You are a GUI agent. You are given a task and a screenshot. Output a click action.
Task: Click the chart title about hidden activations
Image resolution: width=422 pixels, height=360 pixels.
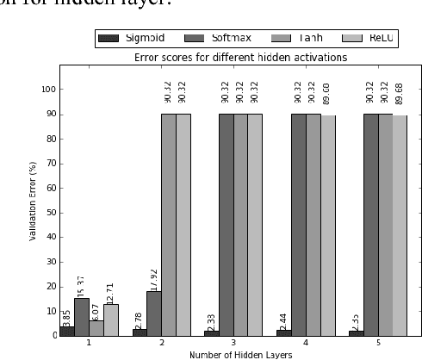(240, 57)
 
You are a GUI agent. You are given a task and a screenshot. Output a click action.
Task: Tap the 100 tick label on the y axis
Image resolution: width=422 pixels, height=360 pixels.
(48, 89)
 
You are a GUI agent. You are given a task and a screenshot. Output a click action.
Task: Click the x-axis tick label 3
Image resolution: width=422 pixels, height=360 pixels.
(233, 342)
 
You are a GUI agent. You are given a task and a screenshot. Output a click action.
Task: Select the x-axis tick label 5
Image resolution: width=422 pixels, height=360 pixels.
(378, 342)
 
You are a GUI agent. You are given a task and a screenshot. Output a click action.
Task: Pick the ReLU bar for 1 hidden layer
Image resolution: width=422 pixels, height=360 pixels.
(110, 320)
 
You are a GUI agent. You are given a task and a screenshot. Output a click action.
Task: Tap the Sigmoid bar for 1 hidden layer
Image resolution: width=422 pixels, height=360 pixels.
(67, 330)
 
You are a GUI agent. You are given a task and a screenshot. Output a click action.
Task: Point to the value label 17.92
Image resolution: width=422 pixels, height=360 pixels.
(153, 272)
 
